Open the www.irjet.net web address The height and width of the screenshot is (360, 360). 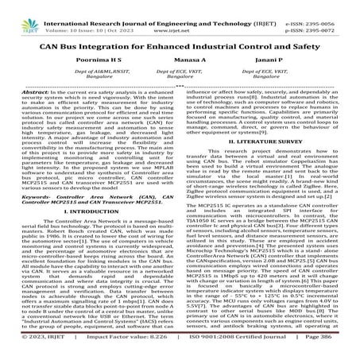tap(184, 14)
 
